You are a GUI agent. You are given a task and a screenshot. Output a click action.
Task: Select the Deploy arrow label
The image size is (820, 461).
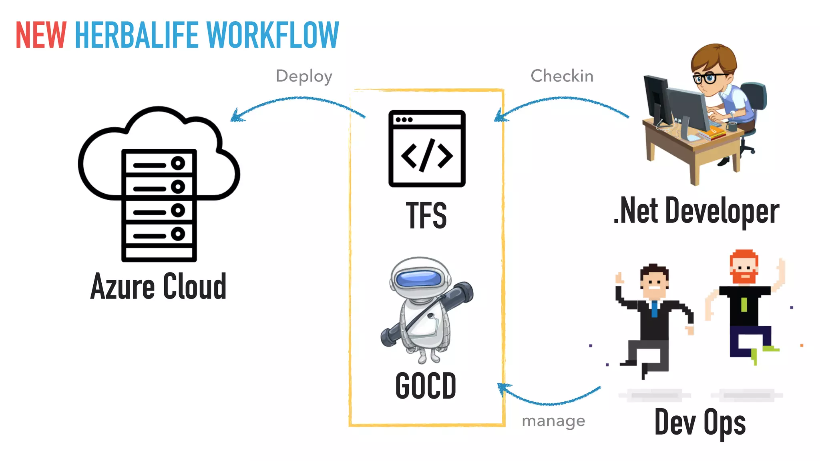304,76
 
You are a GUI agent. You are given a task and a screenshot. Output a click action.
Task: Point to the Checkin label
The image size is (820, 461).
562,76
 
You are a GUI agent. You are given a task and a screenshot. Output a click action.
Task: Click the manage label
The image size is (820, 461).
553,421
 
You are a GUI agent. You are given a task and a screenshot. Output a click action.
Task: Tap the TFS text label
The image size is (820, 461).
426,216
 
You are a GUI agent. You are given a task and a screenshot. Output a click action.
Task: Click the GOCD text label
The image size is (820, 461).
426,386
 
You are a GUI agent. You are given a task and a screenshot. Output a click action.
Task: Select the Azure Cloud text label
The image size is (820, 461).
159,287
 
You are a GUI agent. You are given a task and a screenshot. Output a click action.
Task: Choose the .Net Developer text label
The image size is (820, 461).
697,211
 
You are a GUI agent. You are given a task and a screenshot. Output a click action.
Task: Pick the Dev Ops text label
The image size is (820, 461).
700,423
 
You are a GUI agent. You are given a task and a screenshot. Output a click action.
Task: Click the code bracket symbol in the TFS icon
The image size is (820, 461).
427,155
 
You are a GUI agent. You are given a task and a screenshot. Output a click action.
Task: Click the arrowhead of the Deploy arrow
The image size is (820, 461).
236,116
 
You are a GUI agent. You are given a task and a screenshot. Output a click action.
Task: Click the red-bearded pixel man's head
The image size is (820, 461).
744,267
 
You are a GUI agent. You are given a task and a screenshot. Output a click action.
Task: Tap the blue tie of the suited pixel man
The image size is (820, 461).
654,309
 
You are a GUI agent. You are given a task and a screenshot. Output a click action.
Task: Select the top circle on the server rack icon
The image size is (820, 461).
178,163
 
